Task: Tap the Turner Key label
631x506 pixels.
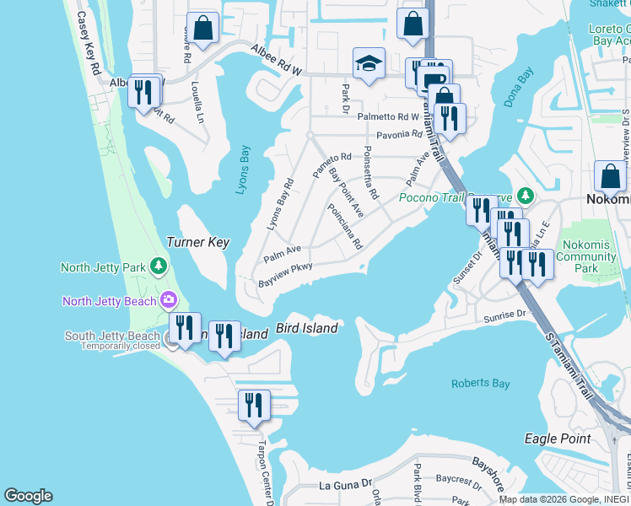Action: pyautogui.click(x=197, y=242)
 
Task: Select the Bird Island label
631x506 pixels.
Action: pyautogui.click(x=307, y=328)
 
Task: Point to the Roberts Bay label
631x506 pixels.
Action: pyautogui.click(x=480, y=384)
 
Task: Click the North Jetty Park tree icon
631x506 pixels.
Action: pyautogui.click(x=159, y=267)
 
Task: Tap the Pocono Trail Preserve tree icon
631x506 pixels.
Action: pyautogui.click(x=526, y=196)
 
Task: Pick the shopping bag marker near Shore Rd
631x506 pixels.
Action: pyautogui.click(x=203, y=29)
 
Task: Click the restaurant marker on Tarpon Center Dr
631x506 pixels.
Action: pyautogui.click(x=253, y=405)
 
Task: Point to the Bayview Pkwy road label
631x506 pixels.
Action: pyautogui.click(x=286, y=272)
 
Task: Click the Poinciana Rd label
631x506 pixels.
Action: pyautogui.click(x=345, y=228)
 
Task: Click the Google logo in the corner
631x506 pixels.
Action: pyautogui.click(x=28, y=496)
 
